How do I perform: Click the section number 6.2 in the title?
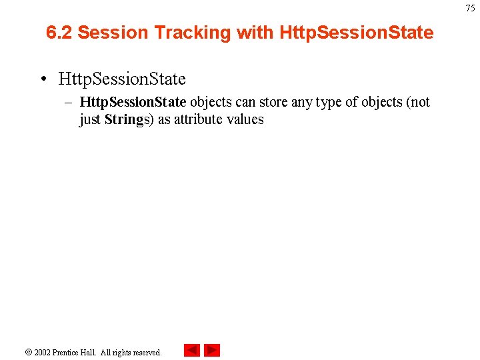click(59, 32)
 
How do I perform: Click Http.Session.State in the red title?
click(357, 32)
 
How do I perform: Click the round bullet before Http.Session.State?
click(43, 79)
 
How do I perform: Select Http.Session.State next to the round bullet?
click(122, 79)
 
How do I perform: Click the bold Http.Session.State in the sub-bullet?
click(133, 102)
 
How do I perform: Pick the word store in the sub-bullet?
click(273, 102)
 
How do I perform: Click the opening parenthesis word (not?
click(417, 102)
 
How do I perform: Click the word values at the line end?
click(247, 120)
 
